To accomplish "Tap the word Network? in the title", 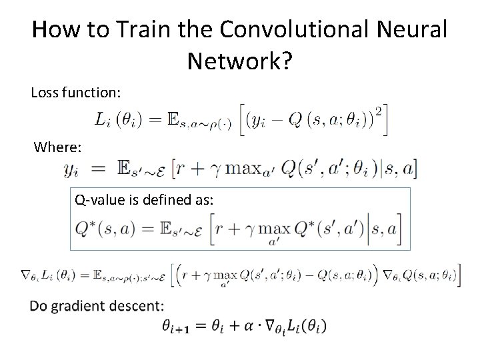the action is coord(239,62).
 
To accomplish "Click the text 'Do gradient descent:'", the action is coord(96,307).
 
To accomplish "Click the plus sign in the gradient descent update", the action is coord(240,326).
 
